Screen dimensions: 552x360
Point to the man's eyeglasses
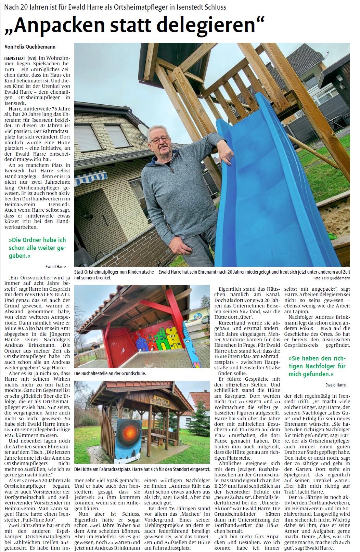click(x=159, y=139)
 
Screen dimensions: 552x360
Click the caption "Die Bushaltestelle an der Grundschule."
click(x=110, y=374)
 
